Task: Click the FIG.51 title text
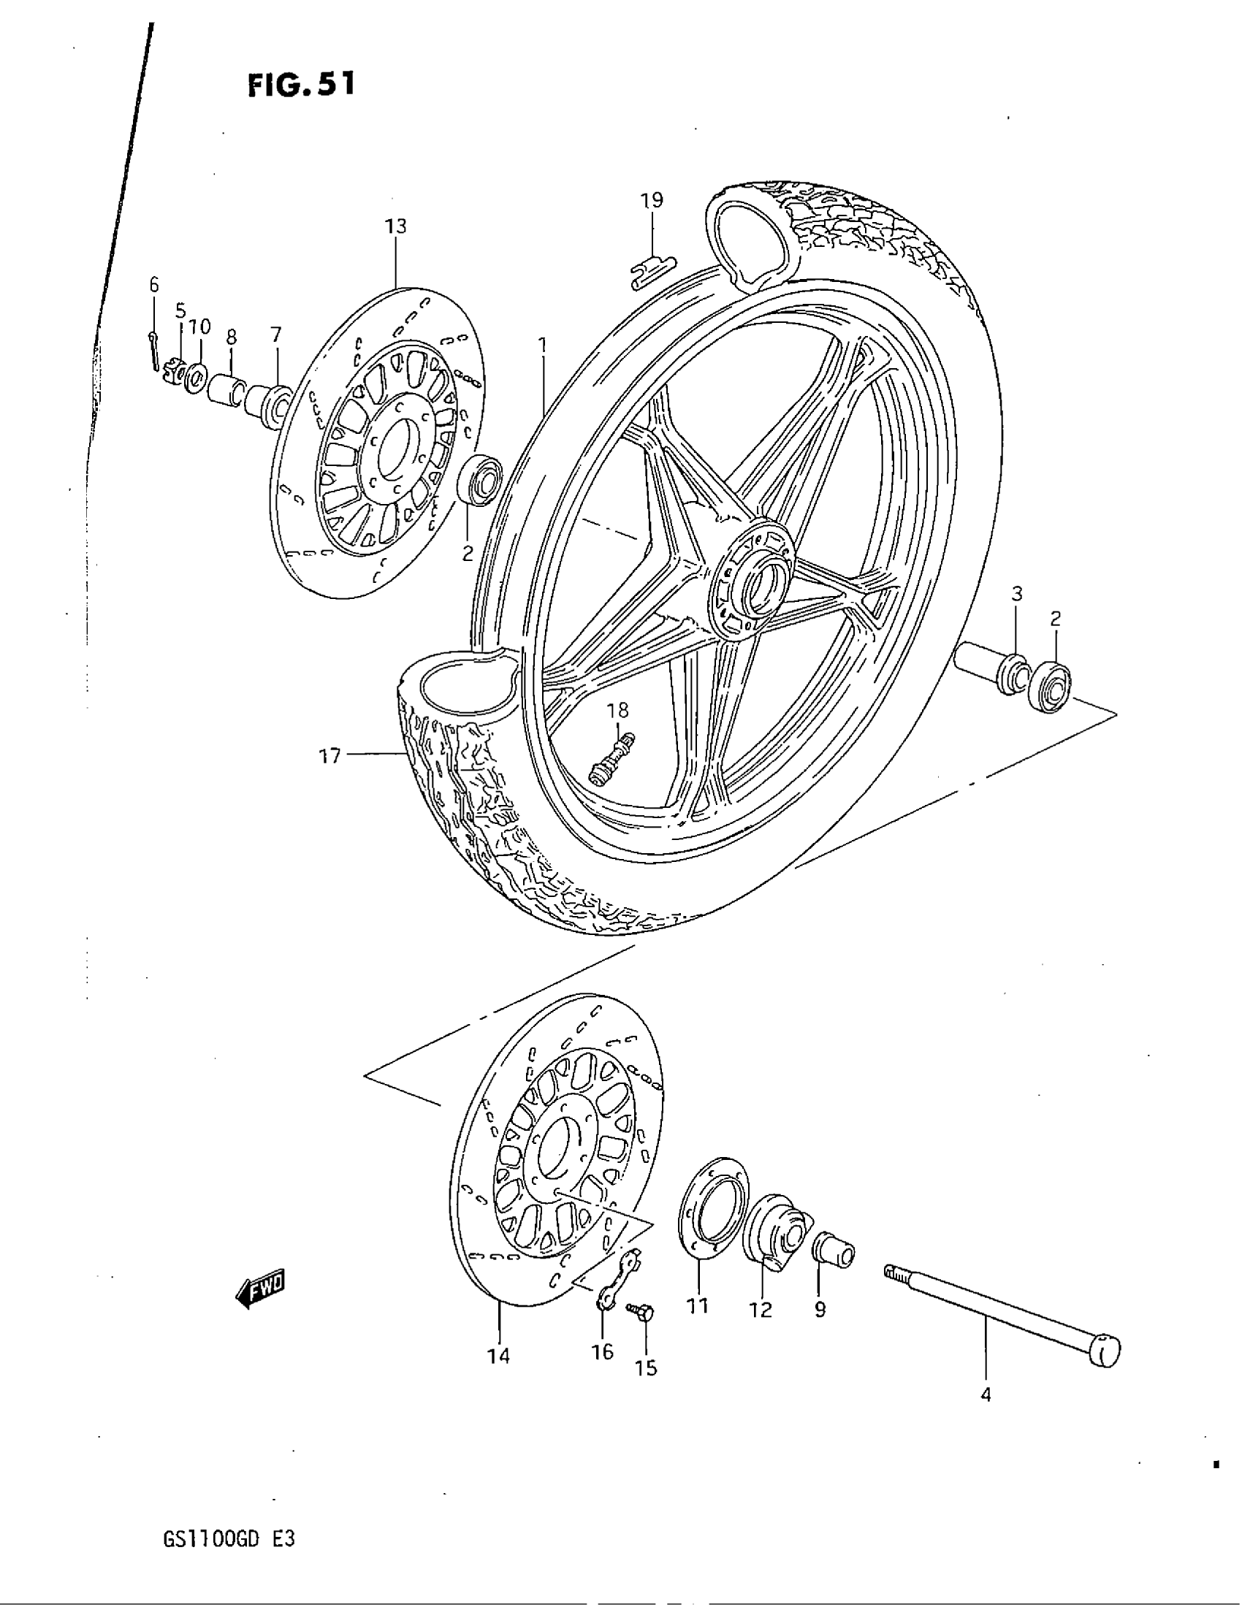click(301, 85)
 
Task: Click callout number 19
click(651, 200)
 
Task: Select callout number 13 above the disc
click(396, 226)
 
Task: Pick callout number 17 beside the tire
click(330, 755)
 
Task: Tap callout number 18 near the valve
click(618, 710)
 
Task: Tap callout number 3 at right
click(1016, 593)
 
